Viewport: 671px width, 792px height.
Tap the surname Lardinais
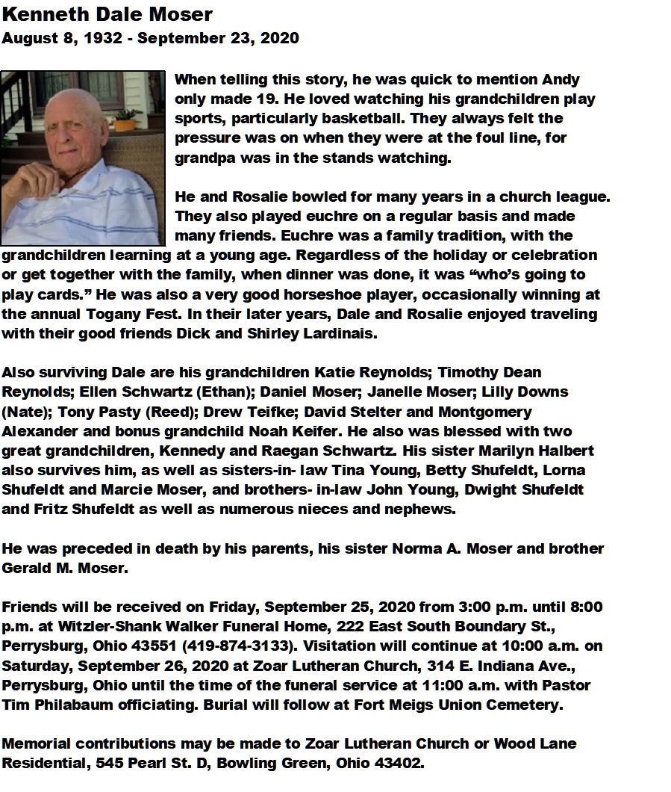click(x=340, y=333)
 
